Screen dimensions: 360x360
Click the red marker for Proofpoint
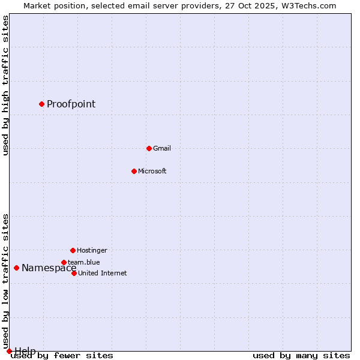(41, 104)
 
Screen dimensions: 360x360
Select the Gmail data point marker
(149, 148)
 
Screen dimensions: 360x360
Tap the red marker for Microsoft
(134, 171)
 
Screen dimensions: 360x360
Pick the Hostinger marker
(73, 250)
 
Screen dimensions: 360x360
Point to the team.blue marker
(64, 262)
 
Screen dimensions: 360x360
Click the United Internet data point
(74, 273)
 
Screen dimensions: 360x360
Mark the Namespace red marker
(16, 268)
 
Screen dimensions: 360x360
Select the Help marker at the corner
(9, 351)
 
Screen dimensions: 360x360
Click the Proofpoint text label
(71, 104)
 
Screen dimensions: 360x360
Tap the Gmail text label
(162, 148)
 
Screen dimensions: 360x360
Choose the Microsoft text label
(152, 171)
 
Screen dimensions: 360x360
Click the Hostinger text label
(92, 250)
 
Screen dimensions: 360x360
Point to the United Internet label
(102, 273)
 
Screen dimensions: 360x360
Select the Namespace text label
(49, 268)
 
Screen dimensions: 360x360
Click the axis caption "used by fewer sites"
(62, 355)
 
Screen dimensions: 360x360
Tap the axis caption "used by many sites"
(301, 355)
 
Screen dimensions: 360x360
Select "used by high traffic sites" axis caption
(5, 85)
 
